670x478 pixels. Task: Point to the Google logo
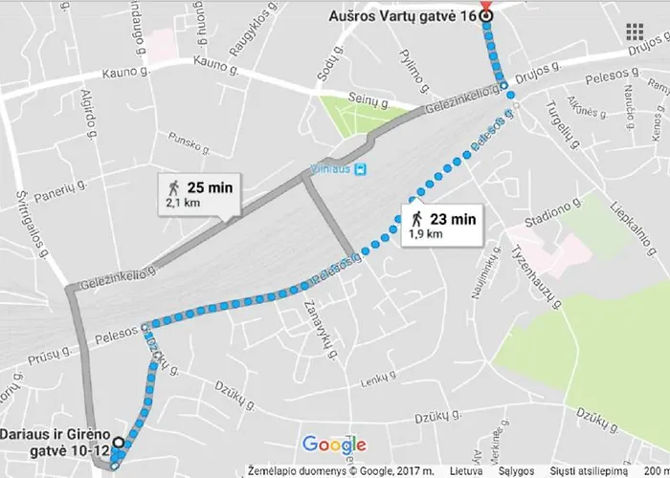pyautogui.click(x=334, y=445)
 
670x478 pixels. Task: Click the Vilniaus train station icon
pyautogui.click(x=360, y=169)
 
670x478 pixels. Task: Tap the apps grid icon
pyautogui.click(x=634, y=31)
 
